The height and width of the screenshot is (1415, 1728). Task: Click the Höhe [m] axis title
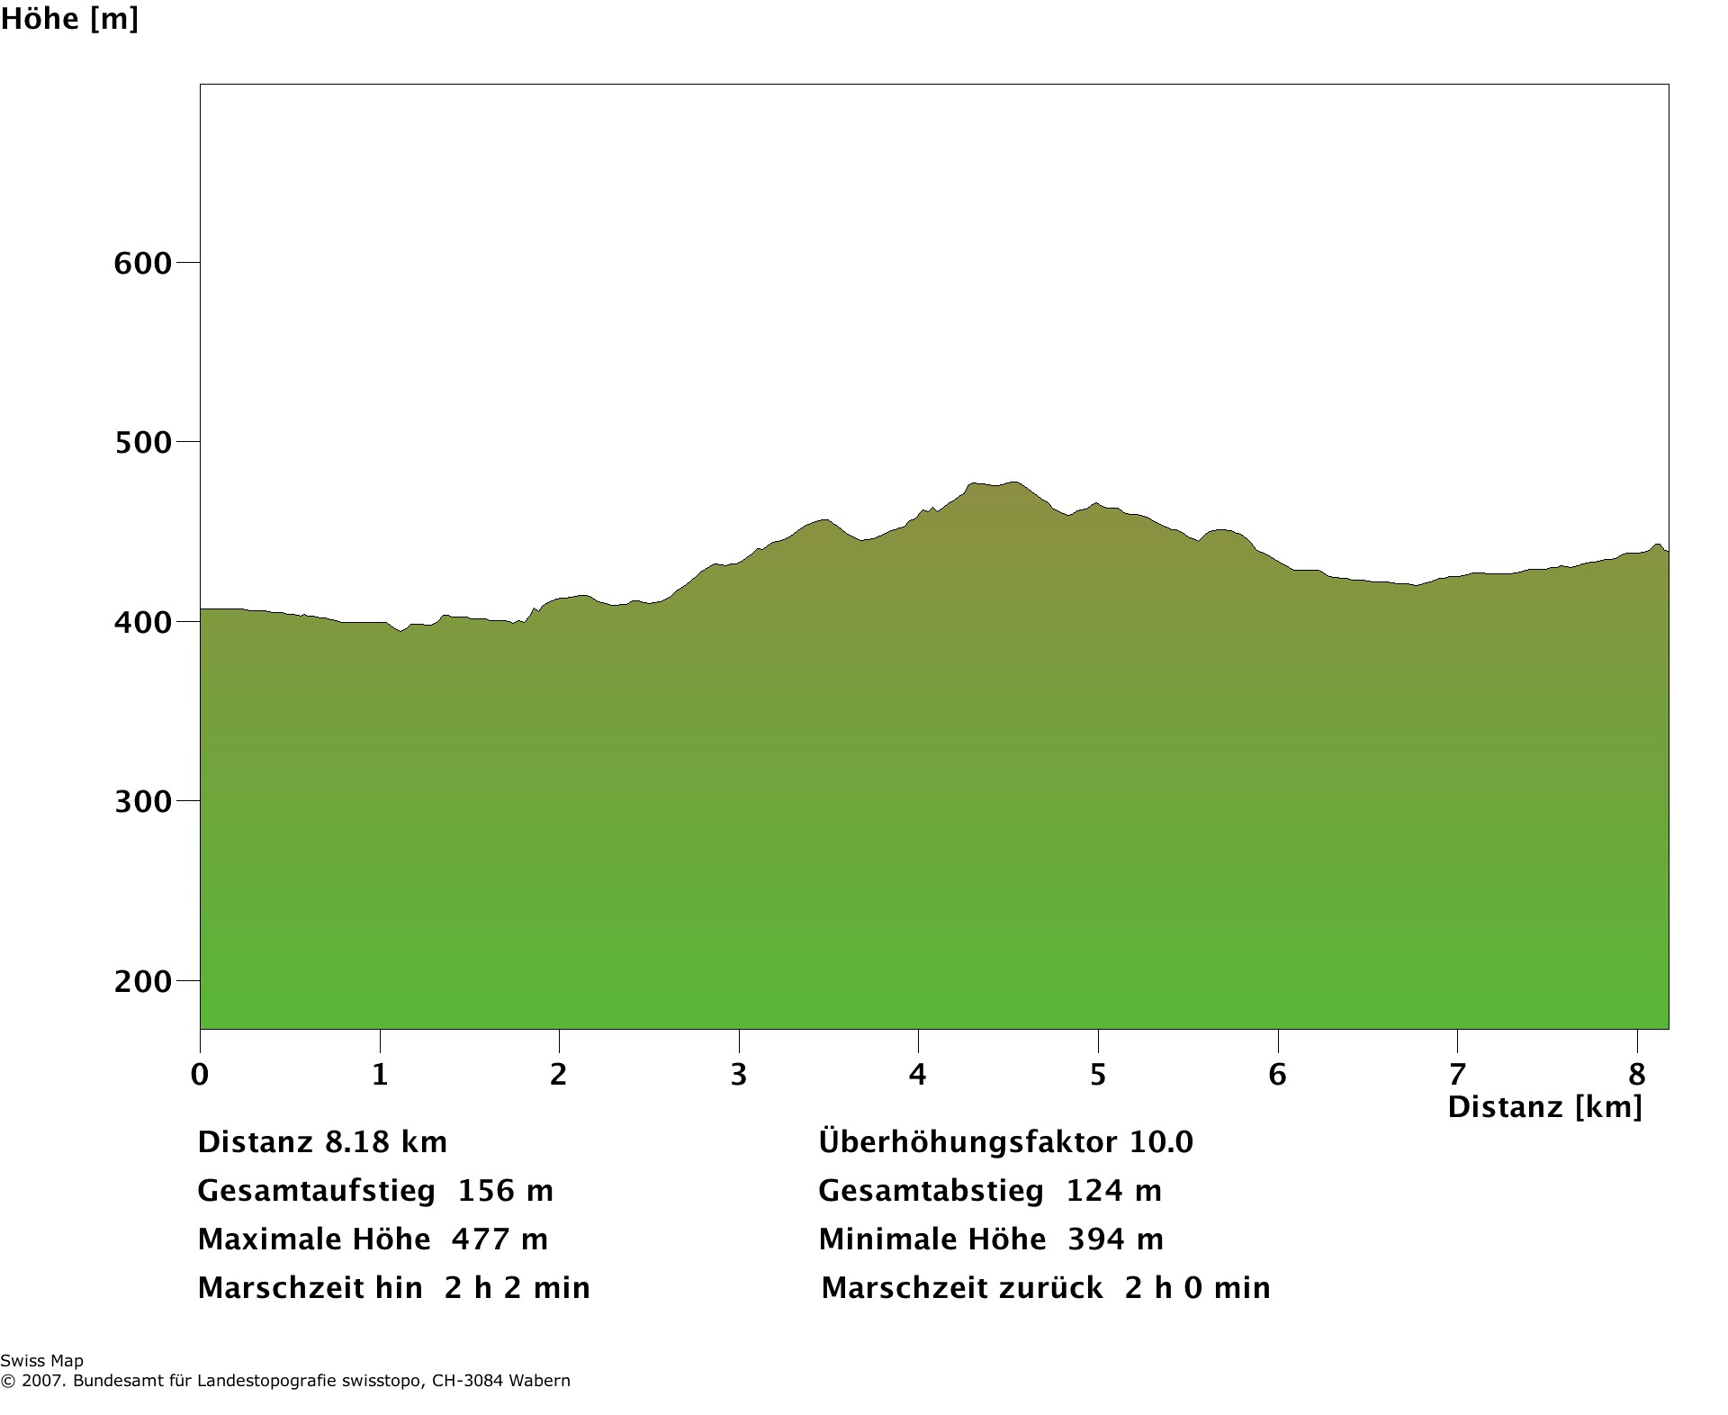(69, 19)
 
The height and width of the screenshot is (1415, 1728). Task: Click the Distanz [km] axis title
(1544, 1106)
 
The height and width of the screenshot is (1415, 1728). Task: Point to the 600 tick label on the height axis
(142, 264)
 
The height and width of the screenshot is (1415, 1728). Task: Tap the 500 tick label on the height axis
(142, 443)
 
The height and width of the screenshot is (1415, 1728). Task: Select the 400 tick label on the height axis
(142, 622)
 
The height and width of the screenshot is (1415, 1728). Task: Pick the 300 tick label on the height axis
(142, 801)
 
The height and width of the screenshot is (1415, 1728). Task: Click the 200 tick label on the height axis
(142, 981)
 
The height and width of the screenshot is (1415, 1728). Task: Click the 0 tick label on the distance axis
(200, 1074)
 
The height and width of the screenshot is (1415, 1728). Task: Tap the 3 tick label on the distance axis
(739, 1074)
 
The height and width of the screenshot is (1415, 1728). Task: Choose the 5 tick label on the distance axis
(1098, 1074)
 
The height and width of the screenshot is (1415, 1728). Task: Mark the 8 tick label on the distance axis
(1637, 1074)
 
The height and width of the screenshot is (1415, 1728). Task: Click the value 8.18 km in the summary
(385, 1142)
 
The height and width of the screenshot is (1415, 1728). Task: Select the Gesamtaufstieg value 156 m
(506, 1191)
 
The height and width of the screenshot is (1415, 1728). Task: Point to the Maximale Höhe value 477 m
(499, 1239)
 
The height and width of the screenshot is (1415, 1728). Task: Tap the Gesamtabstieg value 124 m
(1114, 1191)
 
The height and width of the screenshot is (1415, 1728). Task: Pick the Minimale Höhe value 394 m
(1115, 1239)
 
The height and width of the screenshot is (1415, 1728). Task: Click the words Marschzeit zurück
(962, 1288)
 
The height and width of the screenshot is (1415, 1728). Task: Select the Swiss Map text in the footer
(41, 1361)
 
